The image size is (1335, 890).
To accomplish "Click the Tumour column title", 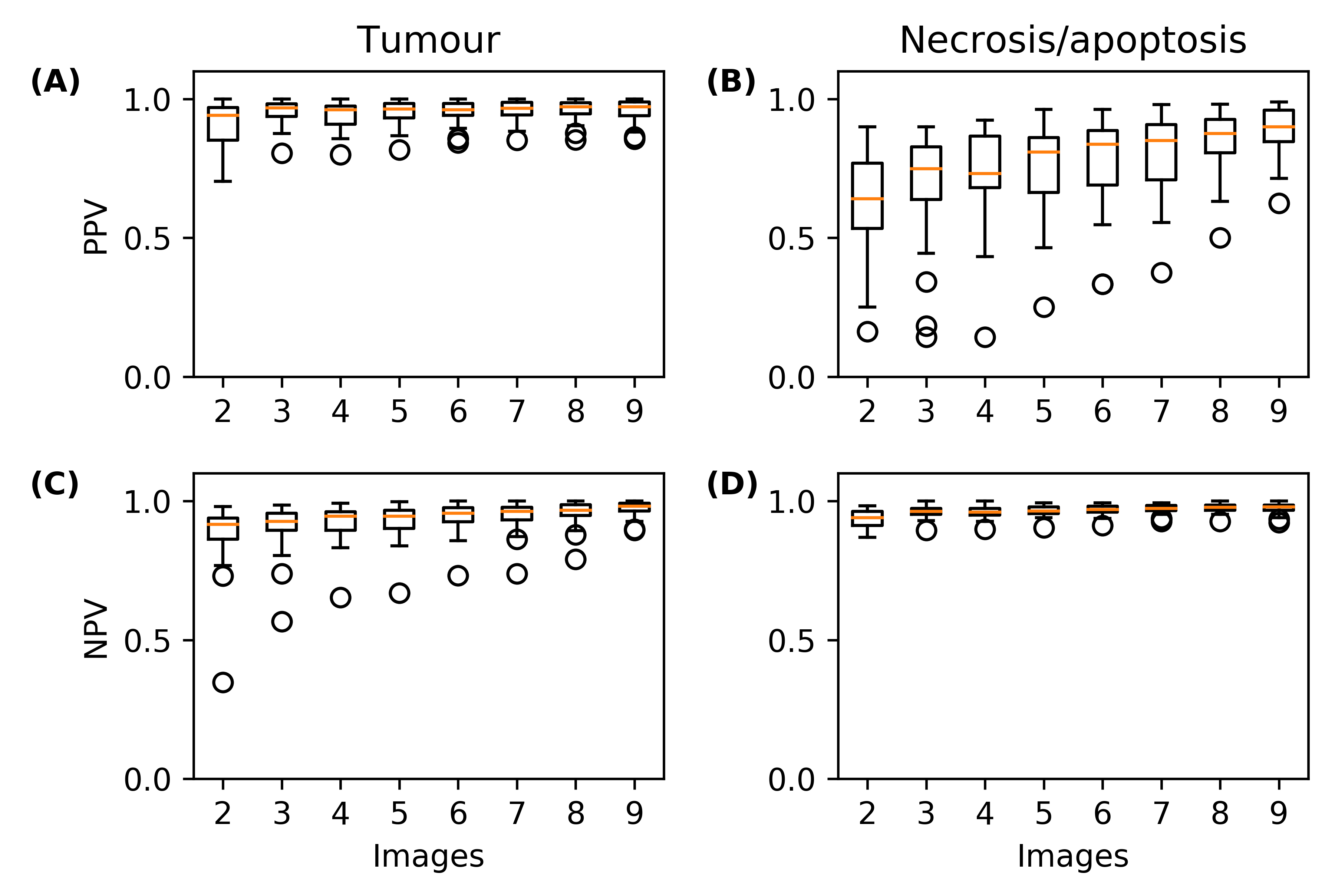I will click(x=429, y=41).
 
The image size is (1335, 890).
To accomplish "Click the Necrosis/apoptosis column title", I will click(x=1073, y=41).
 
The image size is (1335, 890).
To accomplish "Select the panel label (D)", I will click(x=732, y=485).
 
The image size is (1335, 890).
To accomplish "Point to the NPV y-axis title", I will click(x=95, y=630).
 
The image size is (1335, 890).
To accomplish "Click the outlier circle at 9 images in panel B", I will click(x=1279, y=203).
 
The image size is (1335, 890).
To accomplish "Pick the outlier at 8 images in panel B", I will click(x=1220, y=238).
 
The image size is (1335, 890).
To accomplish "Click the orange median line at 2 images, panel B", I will click(x=867, y=199).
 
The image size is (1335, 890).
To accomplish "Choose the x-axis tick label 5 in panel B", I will click(x=1044, y=412).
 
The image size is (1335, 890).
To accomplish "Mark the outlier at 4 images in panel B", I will click(x=985, y=337).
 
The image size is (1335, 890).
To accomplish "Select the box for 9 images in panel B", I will click(x=1279, y=126).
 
